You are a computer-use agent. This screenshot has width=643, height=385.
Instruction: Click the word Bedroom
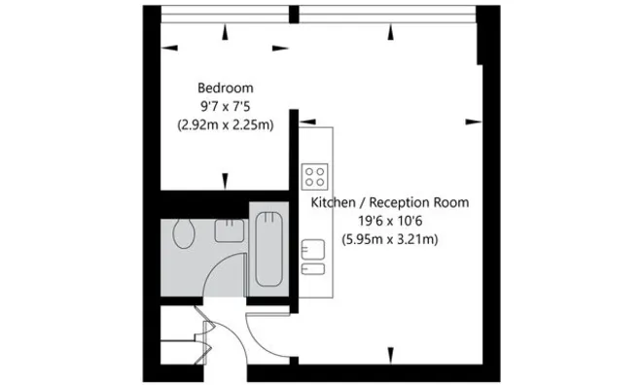pos(225,87)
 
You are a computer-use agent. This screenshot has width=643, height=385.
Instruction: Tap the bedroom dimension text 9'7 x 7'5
pos(225,106)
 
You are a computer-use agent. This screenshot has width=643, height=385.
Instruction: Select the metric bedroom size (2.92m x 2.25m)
pos(225,124)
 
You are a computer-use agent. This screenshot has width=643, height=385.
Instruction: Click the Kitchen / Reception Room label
pos(389,203)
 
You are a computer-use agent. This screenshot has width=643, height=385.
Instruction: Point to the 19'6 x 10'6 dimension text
pos(389,221)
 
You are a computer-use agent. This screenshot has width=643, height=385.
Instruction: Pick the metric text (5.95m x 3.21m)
pos(389,239)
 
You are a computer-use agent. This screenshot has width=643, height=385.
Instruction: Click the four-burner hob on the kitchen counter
pos(314,176)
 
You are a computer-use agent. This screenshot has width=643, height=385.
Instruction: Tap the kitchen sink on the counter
pos(312,248)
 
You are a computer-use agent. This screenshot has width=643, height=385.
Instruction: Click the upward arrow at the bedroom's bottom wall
pos(226,180)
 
